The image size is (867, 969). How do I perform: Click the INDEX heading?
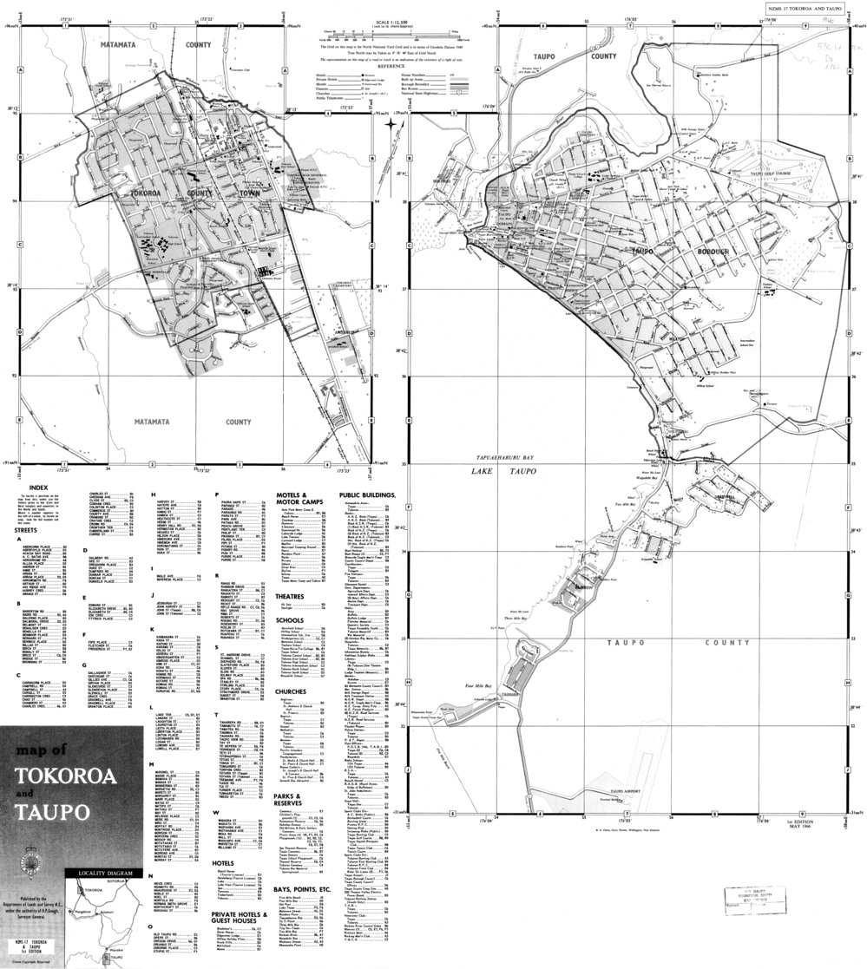[37, 488]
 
